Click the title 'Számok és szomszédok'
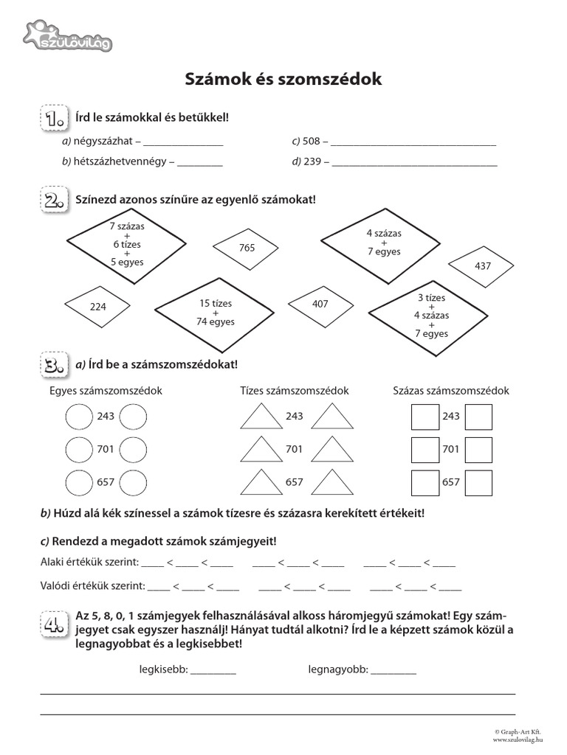pos(283,79)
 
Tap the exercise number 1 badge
pos(53,119)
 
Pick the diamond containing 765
pos(247,248)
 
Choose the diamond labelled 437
pos(483,265)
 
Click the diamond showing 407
pos(320,303)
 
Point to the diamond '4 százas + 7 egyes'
pos(383,243)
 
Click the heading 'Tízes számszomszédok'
pos(294,391)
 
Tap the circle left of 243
pos(79,417)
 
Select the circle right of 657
pos(133,482)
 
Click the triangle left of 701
pos(258,449)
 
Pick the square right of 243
pos(479,417)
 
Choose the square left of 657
pos(425,482)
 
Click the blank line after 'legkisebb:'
pos(213,671)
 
